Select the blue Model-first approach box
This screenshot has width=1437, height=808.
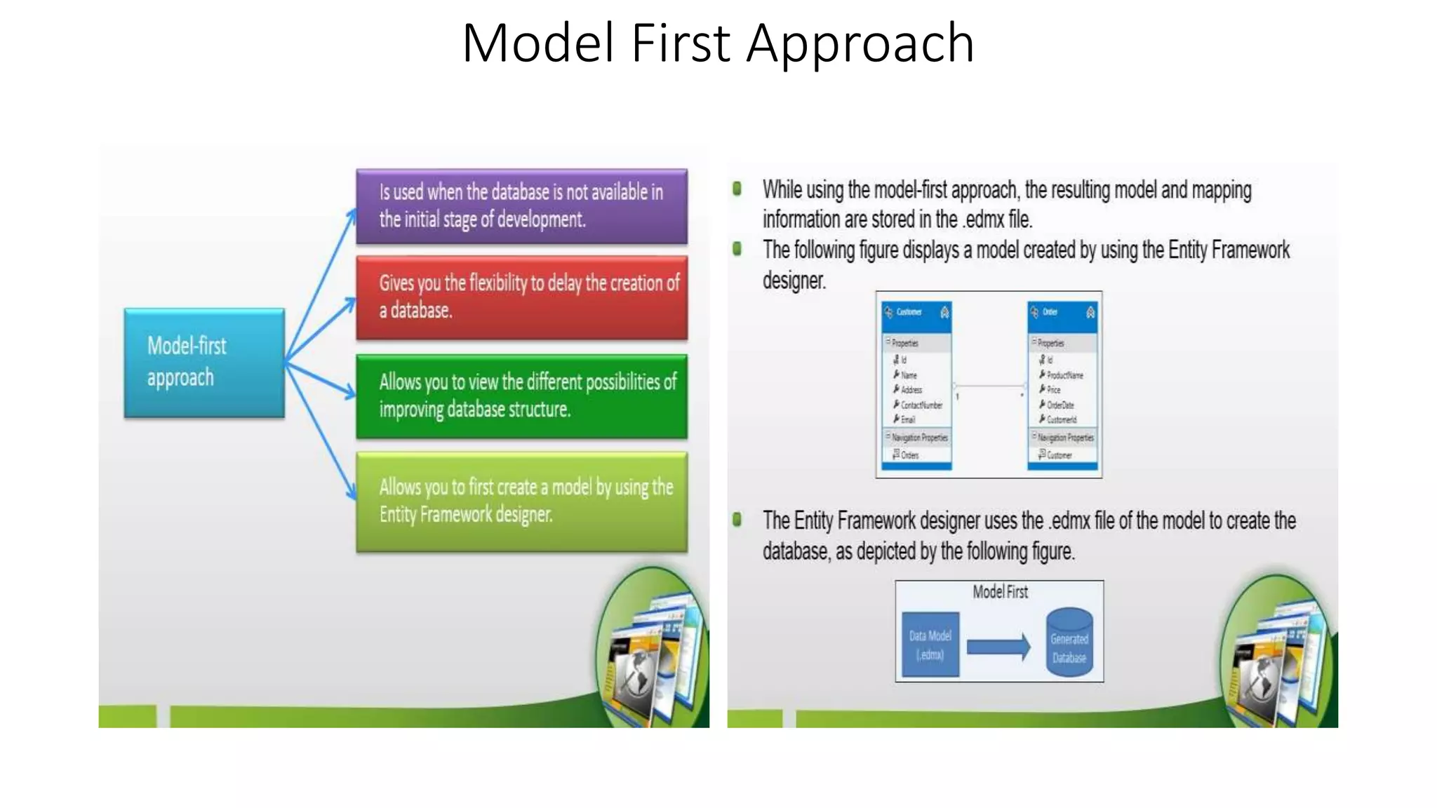tap(204, 363)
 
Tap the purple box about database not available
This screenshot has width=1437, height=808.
tap(521, 206)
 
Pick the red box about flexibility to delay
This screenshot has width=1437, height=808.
tap(521, 297)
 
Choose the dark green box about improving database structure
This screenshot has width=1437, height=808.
tap(521, 396)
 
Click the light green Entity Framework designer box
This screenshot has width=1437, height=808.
tap(521, 501)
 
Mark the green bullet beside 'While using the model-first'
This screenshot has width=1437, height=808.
tap(737, 189)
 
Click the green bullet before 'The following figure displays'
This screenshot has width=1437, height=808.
tap(737, 249)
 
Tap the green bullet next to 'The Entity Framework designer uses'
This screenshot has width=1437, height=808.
tap(737, 520)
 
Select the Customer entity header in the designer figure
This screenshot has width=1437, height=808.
tap(916, 312)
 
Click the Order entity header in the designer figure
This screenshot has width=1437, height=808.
tap(1062, 312)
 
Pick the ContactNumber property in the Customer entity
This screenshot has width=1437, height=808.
tap(921, 405)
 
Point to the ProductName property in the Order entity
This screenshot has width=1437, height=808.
tap(1064, 375)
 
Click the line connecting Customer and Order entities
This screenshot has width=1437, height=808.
tap(989, 386)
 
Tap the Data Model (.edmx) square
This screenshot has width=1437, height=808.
tap(930, 645)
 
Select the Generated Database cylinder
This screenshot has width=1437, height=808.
tap(1069, 644)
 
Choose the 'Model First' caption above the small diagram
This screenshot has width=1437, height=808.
tap(1000, 592)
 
